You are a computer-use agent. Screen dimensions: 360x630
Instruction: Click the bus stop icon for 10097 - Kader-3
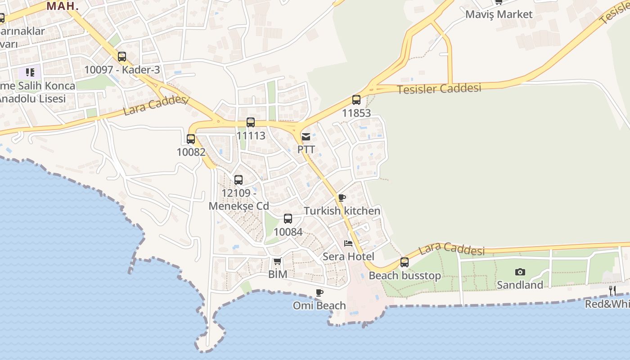(x=122, y=57)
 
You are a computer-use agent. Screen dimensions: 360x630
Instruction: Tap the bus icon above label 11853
(x=356, y=100)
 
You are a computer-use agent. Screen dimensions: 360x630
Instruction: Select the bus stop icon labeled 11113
(x=251, y=122)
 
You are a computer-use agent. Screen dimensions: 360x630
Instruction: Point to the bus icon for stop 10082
(x=191, y=139)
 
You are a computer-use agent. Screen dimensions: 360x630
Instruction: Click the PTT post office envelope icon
(x=306, y=137)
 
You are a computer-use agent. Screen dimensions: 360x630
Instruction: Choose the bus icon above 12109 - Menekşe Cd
(x=238, y=180)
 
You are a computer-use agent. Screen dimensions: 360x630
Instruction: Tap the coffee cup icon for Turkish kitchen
(x=342, y=198)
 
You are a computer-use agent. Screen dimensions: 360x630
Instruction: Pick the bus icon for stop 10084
(x=288, y=219)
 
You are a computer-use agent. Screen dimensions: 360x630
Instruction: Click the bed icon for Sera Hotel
(x=348, y=243)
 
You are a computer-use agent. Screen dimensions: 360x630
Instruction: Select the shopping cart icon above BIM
(x=277, y=261)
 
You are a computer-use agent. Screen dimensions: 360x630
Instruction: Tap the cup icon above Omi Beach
(x=319, y=292)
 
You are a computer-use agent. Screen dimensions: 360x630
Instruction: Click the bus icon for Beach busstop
(x=405, y=262)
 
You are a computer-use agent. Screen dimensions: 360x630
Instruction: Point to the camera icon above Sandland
(x=520, y=272)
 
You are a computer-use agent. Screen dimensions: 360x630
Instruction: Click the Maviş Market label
(x=499, y=14)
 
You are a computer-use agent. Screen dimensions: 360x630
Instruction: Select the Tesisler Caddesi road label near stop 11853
(x=439, y=89)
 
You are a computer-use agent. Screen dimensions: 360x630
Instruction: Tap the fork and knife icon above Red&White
(x=612, y=290)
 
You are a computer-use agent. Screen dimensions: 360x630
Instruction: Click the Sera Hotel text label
(x=348, y=256)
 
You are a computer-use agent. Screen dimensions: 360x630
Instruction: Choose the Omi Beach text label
(x=319, y=306)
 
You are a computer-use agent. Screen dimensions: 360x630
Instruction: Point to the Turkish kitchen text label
(x=342, y=211)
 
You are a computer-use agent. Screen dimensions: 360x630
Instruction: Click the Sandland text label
(x=520, y=285)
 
